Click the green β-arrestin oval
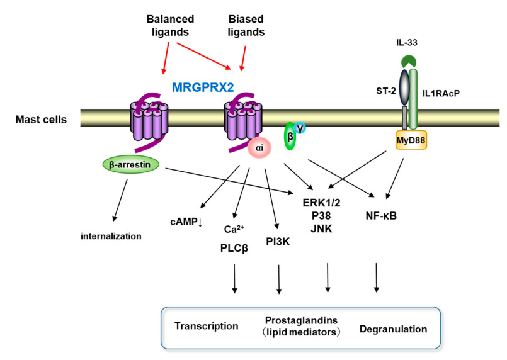pyautogui.click(x=130, y=164)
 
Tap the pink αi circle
pyautogui.click(x=259, y=148)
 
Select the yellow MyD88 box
pyautogui.click(x=411, y=140)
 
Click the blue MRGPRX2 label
pyautogui.click(x=203, y=87)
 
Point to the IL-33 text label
pyautogui.click(x=406, y=42)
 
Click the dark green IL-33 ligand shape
pyautogui.click(x=409, y=61)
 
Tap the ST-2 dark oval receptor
pyautogui.click(x=404, y=87)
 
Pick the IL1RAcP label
pyautogui.click(x=441, y=93)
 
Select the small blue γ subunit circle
pyautogui.click(x=300, y=128)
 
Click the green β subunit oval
pyautogui.click(x=290, y=137)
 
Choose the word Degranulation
pyautogui.click(x=393, y=329)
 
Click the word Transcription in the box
pyautogui.click(x=207, y=326)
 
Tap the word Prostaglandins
pyautogui.click(x=301, y=320)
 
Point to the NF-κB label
pyautogui.click(x=381, y=215)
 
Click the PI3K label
pyautogui.click(x=278, y=242)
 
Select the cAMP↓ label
pyautogui.click(x=186, y=222)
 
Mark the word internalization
pyautogui.click(x=111, y=236)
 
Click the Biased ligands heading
pyautogui.click(x=246, y=26)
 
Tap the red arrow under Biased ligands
pyautogui.click(x=243, y=59)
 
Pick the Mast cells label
pyautogui.click(x=41, y=120)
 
